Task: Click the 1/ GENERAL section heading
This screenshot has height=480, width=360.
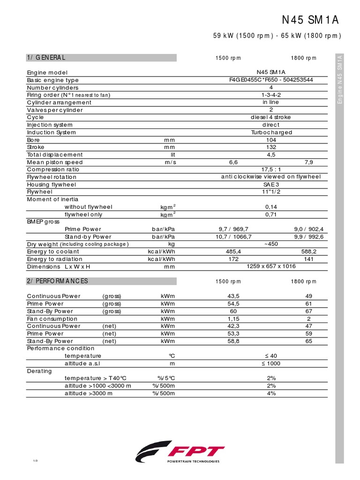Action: (x=46, y=58)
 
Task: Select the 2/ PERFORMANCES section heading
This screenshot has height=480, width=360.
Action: (x=58, y=281)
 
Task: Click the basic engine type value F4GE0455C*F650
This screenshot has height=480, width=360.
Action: (x=271, y=80)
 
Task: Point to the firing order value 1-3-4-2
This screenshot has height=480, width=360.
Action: (x=271, y=95)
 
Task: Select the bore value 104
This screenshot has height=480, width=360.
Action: (x=271, y=140)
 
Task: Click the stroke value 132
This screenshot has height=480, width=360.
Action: (x=271, y=147)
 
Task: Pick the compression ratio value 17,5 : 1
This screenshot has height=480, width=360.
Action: (x=271, y=170)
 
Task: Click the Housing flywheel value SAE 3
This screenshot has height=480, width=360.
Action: (x=271, y=185)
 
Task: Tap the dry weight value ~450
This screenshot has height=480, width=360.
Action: (x=271, y=244)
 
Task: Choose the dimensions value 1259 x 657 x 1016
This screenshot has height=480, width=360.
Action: (x=271, y=266)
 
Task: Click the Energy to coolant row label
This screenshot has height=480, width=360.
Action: (x=55, y=252)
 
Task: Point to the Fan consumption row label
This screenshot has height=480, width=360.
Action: (x=52, y=319)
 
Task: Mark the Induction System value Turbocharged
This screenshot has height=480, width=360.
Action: (x=271, y=132)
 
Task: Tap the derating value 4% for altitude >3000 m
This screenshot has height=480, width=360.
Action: (x=271, y=393)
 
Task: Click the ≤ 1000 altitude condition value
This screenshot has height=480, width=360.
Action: (x=271, y=363)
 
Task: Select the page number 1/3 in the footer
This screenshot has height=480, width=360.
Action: (x=35, y=462)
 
